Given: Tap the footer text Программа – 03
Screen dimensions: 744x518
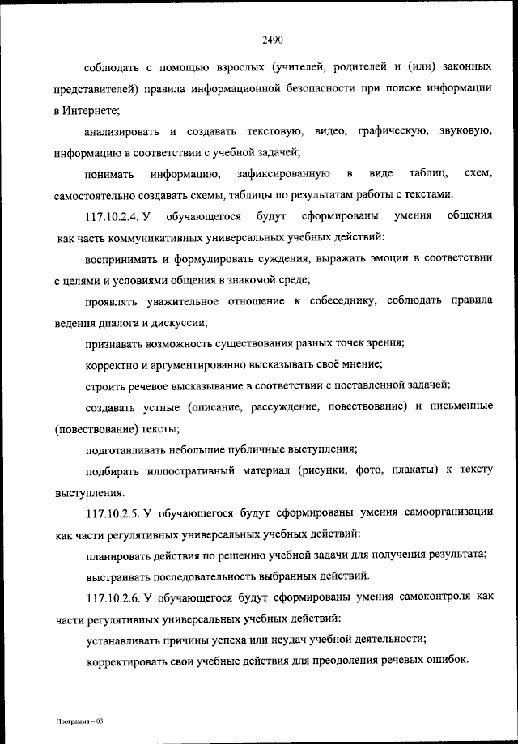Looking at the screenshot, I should coord(75,720).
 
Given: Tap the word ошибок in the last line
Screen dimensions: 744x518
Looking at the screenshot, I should coord(447,661).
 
